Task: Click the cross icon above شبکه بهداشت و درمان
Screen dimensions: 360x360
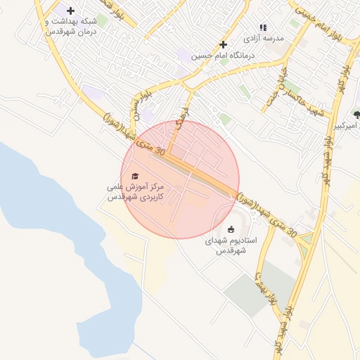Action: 70,11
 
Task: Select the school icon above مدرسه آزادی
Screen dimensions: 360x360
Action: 263,27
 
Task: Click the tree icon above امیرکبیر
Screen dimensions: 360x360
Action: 356,112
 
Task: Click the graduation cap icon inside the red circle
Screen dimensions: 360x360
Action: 135,176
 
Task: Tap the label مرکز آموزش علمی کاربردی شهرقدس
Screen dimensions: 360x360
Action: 135,193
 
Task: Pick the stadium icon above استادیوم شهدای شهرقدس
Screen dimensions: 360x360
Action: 231,229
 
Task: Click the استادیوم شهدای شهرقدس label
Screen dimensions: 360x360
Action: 231,245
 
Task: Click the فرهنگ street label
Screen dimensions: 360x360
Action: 183,125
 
